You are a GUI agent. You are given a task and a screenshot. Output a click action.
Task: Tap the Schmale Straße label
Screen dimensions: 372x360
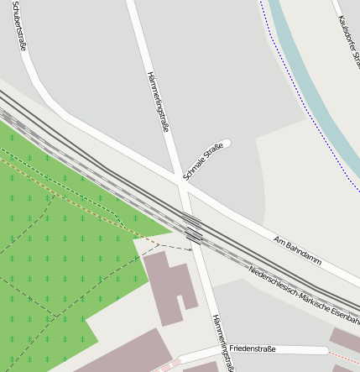click(204, 162)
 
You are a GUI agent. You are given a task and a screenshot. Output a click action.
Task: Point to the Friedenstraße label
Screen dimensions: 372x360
click(253, 348)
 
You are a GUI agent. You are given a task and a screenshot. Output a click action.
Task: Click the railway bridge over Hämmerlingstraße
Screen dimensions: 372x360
click(193, 229)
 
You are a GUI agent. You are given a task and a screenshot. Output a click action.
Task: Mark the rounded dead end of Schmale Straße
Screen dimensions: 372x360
click(225, 144)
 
